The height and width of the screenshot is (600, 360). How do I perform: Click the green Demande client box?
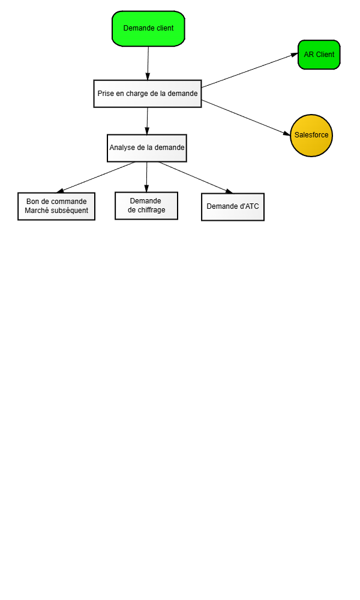click(x=148, y=29)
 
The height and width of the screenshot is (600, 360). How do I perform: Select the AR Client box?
click(x=319, y=55)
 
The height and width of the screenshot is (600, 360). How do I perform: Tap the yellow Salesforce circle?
click(x=311, y=136)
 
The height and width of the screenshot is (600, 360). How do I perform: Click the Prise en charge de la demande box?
click(x=148, y=94)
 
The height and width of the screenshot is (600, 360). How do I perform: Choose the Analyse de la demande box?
click(x=147, y=148)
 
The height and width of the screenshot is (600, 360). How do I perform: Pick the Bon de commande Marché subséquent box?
click(x=56, y=206)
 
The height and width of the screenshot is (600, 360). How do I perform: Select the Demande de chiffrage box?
click(x=146, y=206)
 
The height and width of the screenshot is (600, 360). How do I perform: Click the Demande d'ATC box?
click(x=233, y=207)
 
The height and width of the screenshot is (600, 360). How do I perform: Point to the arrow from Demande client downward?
click(x=148, y=63)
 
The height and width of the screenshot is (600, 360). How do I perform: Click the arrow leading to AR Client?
click(x=250, y=70)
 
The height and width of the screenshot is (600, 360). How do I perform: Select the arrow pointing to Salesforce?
click(x=246, y=118)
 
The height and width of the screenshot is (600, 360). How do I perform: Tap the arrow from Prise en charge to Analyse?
click(x=147, y=121)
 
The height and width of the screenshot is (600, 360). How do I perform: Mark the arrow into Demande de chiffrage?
click(x=146, y=177)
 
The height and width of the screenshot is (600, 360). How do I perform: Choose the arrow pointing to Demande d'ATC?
click(x=196, y=178)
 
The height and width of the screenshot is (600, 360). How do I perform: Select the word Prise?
click(x=106, y=94)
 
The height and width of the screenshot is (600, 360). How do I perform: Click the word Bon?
click(x=32, y=201)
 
